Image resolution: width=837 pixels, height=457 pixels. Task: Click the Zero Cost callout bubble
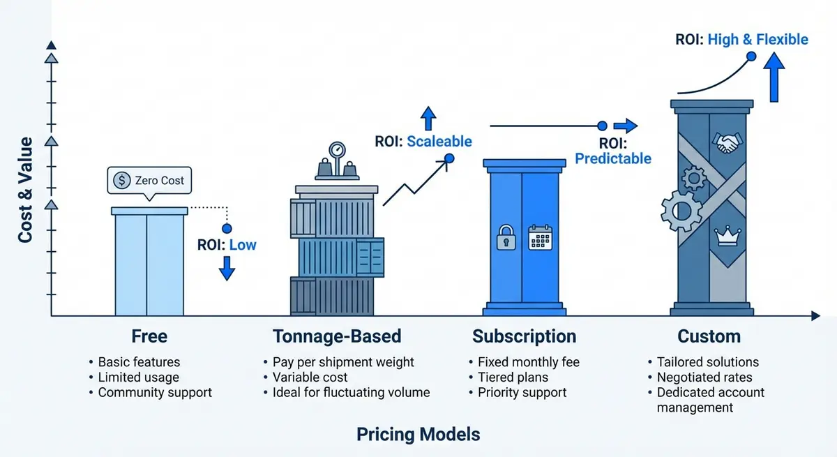point(149,180)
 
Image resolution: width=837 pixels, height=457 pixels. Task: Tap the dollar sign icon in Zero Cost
point(122,180)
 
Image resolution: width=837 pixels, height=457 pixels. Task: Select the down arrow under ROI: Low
point(226,267)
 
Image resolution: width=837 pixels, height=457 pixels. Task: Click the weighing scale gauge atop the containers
point(337,149)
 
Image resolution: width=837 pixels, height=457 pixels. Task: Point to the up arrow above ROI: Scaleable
point(429,119)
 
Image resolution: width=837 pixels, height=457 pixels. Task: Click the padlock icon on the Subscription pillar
point(506,238)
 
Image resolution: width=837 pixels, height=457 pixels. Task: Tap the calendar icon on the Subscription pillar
point(539,237)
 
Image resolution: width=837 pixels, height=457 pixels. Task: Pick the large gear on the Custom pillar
point(681,209)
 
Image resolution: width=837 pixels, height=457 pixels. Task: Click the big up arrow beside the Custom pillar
point(772,77)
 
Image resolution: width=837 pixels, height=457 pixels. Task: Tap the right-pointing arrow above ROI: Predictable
point(626,126)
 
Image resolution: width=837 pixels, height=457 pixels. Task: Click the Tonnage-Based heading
point(337,336)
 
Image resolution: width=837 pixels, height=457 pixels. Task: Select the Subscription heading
point(524,336)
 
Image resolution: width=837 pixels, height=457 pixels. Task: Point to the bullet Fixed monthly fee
point(528,362)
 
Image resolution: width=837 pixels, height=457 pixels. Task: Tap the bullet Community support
point(154,392)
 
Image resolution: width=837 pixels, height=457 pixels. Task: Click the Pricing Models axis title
point(418,435)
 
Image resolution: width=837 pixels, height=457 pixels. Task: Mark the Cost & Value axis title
point(25,190)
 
